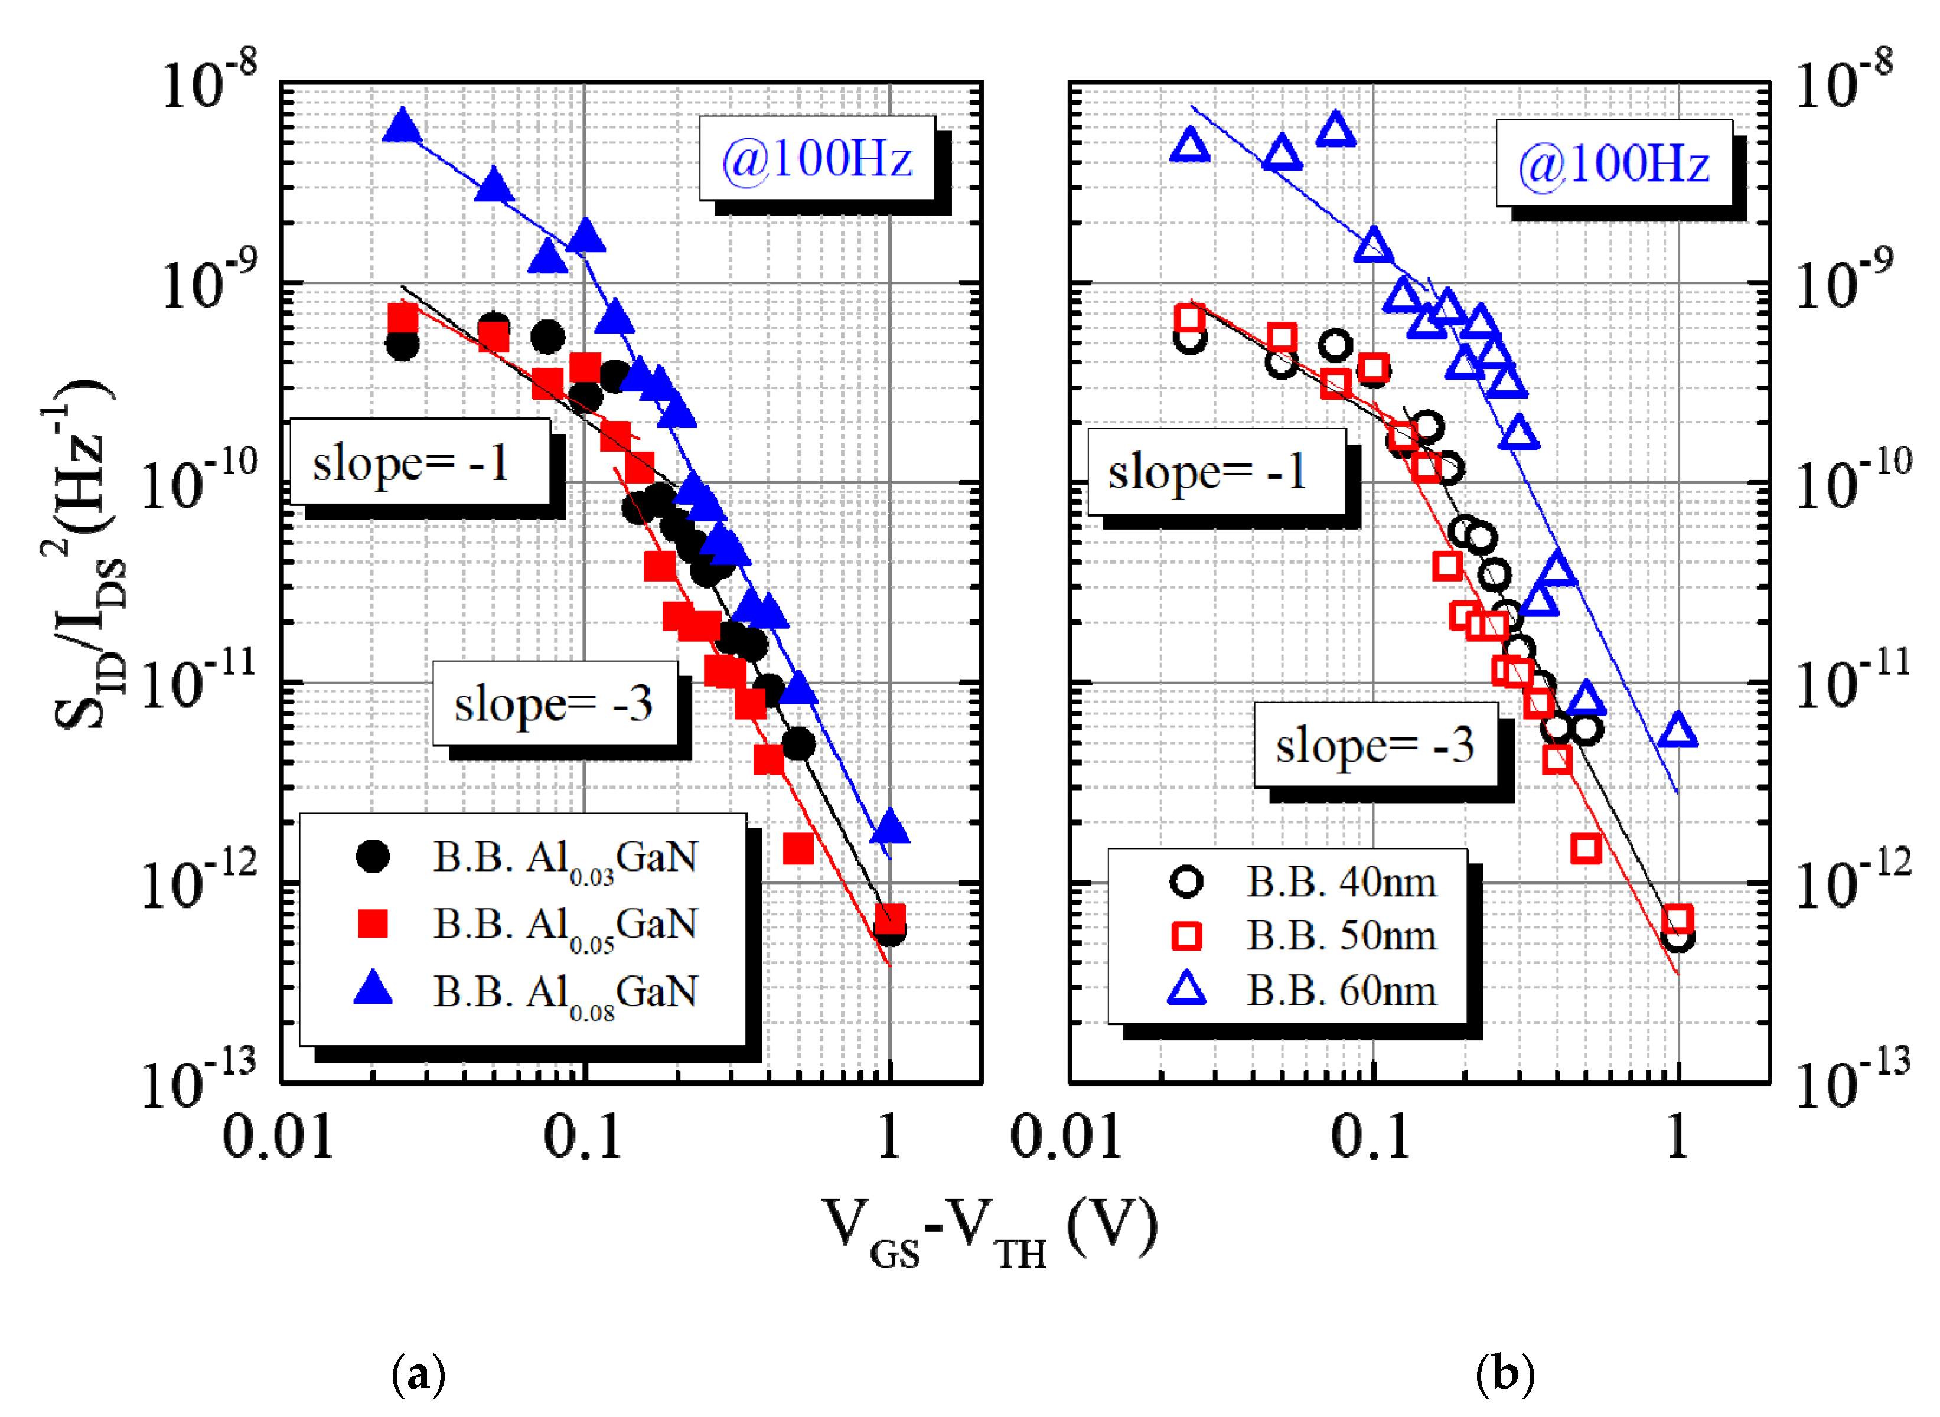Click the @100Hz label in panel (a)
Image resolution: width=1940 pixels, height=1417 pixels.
point(816,159)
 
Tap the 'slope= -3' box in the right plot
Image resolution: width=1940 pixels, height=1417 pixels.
point(1375,745)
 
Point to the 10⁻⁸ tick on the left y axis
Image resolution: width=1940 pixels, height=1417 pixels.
point(208,81)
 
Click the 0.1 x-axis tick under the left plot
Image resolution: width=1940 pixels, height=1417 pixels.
point(583,1137)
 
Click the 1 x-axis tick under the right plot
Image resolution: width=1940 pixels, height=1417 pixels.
point(1677,1137)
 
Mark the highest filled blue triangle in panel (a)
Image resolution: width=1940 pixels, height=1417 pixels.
point(402,127)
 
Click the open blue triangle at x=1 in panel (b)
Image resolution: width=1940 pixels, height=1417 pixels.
point(1677,732)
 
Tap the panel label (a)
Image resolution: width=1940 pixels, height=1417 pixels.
point(418,1375)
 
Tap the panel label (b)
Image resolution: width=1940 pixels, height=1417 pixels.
point(1504,1375)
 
